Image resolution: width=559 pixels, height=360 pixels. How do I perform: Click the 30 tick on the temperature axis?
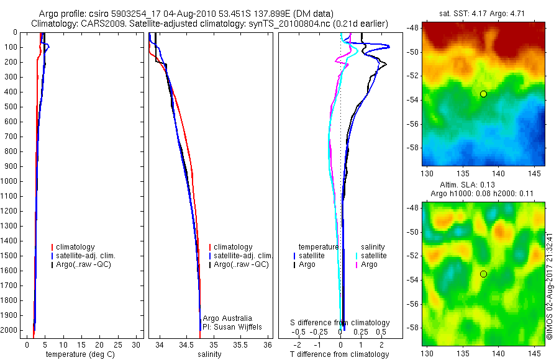point(137,344)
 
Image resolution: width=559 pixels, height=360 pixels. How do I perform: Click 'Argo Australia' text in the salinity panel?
point(227,318)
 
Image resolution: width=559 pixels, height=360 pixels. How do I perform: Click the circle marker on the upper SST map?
point(483,94)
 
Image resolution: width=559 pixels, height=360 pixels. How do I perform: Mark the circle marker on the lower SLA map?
point(483,274)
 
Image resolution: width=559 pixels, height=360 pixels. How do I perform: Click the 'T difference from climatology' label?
point(339,354)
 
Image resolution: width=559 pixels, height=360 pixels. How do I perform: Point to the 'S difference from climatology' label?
point(340,323)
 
